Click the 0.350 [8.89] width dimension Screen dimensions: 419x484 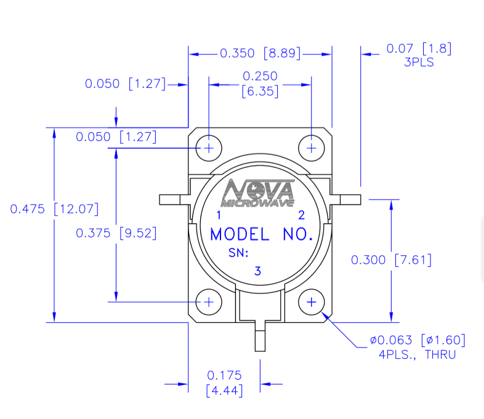point(260,54)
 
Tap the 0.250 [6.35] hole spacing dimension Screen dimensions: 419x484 point(260,84)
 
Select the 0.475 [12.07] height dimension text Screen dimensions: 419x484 point(54,209)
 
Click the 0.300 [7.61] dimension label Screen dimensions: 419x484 point(391,260)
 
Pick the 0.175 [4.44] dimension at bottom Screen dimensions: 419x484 point(224,383)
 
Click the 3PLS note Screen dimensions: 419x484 point(419,62)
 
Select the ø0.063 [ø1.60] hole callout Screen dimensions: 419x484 point(417,340)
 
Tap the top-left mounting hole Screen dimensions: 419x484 point(209,148)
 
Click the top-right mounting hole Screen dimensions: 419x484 point(312,148)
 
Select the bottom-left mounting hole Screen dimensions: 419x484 point(209,301)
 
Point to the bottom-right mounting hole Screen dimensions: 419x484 point(312,301)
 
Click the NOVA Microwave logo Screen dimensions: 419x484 point(259,193)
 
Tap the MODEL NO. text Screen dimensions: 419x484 point(261,234)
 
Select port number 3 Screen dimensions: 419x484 point(258,271)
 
